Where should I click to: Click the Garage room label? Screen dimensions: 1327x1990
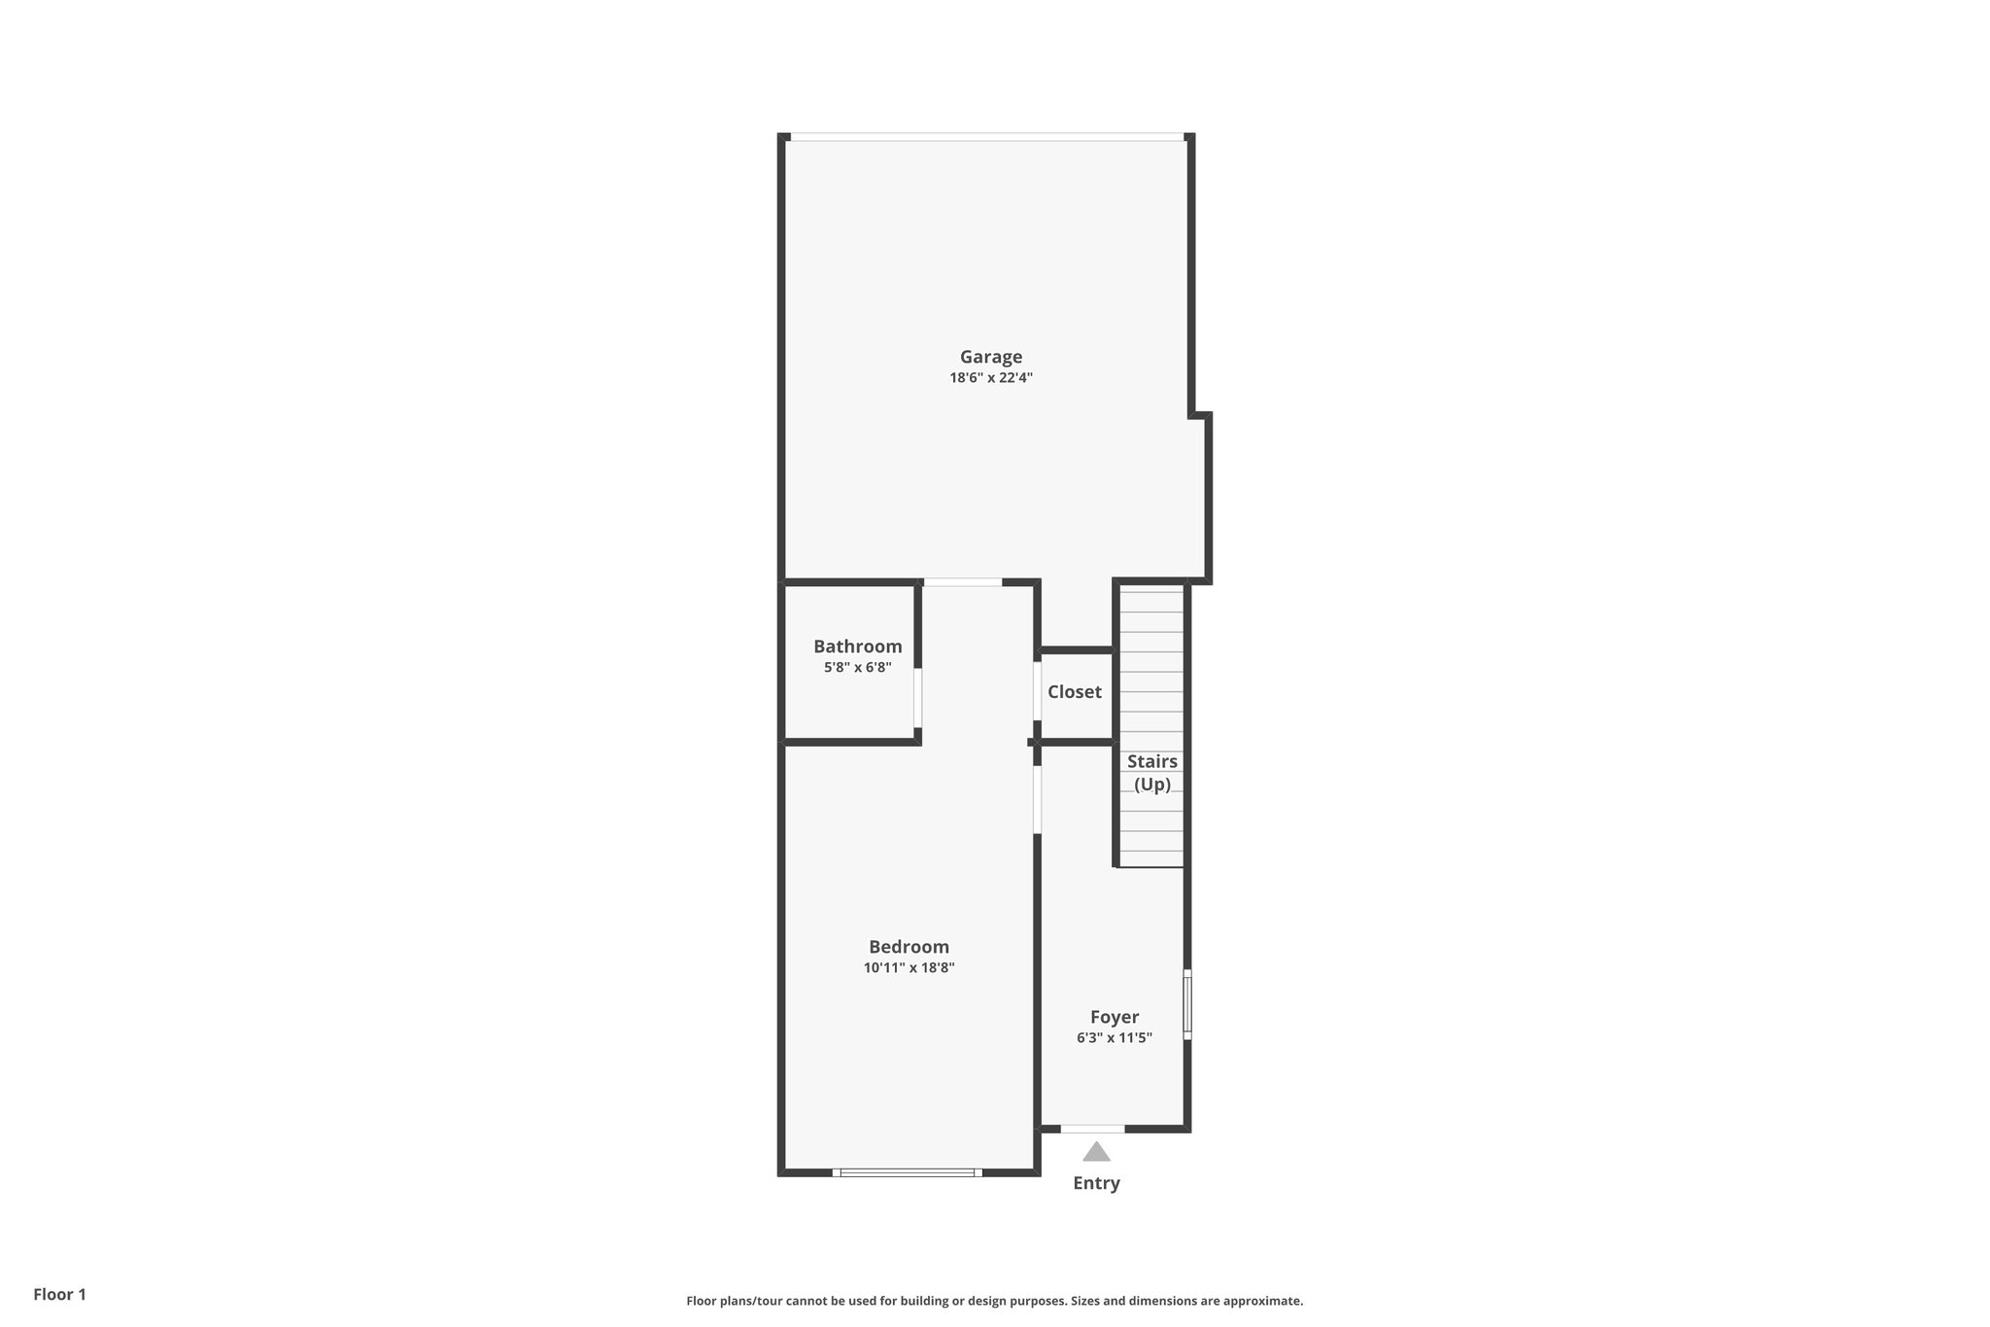991,357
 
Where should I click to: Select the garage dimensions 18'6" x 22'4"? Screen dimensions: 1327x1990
991,378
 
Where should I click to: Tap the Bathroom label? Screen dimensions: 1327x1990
857,646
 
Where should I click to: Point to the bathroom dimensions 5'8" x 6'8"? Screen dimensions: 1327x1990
857,668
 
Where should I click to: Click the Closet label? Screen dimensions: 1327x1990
1074,692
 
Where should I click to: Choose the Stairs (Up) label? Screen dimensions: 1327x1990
1152,773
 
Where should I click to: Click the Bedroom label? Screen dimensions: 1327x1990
909,947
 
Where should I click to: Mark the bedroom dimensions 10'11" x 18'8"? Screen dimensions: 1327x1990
909,968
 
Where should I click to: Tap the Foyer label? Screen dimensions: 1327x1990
1114,1017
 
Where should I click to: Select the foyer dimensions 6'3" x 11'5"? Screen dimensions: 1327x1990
1114,1038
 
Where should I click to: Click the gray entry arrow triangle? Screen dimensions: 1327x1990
1096,1153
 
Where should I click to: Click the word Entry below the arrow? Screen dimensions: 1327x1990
1096,1183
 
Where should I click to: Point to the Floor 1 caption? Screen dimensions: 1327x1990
60,1294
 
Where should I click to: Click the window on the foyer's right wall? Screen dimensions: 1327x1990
1186,1004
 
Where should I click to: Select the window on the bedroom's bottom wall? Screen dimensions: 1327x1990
907,1172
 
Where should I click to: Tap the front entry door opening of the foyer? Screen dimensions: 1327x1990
1092,1129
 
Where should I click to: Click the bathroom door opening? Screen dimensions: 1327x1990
917,697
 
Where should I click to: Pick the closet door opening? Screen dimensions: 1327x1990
1037,691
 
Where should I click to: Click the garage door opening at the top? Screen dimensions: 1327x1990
986,137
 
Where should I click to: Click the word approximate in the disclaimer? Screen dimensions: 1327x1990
1261,1301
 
